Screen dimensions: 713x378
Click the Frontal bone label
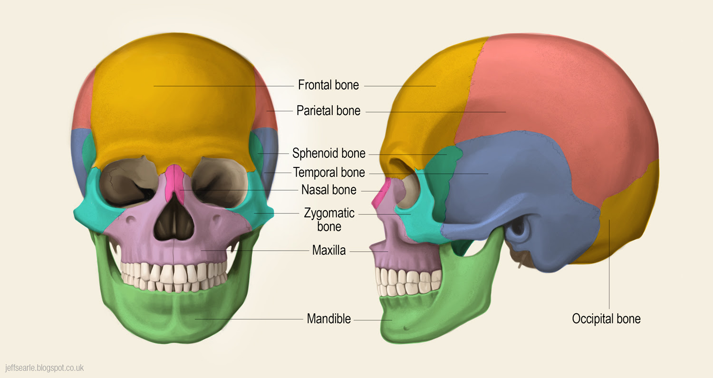(328, 86)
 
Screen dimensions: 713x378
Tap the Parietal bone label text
(328, 111)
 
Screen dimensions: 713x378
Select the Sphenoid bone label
(328, 154)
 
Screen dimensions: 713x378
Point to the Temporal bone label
(329, 172)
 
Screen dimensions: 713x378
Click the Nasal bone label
(328, 190)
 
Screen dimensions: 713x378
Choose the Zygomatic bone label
(329, 219)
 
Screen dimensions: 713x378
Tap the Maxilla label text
(328, 250)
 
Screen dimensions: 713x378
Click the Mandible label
(328, 319)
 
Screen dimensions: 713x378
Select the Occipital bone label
(606, 319)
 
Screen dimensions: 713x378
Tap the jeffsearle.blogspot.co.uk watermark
(44, 368)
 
